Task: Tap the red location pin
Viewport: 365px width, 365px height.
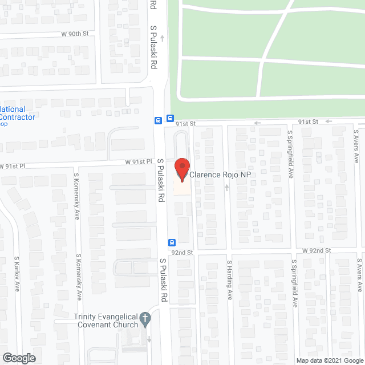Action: click(182, 169)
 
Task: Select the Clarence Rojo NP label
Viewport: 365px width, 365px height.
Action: click(220, 175)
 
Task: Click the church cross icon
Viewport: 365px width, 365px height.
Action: click(145, 318)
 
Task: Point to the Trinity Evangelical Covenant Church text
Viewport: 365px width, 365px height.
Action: click(106, 321)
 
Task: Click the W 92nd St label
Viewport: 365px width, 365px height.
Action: click(317, 250)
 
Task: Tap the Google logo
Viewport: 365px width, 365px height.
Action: click(18, 358)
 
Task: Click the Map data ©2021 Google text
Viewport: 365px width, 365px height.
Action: click(329, 360)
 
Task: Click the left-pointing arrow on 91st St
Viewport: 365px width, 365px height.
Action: click(257, 123)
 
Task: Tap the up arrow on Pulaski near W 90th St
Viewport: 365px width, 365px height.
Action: click(162, 38)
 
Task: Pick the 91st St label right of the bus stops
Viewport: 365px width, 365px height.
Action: click(185, 123)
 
